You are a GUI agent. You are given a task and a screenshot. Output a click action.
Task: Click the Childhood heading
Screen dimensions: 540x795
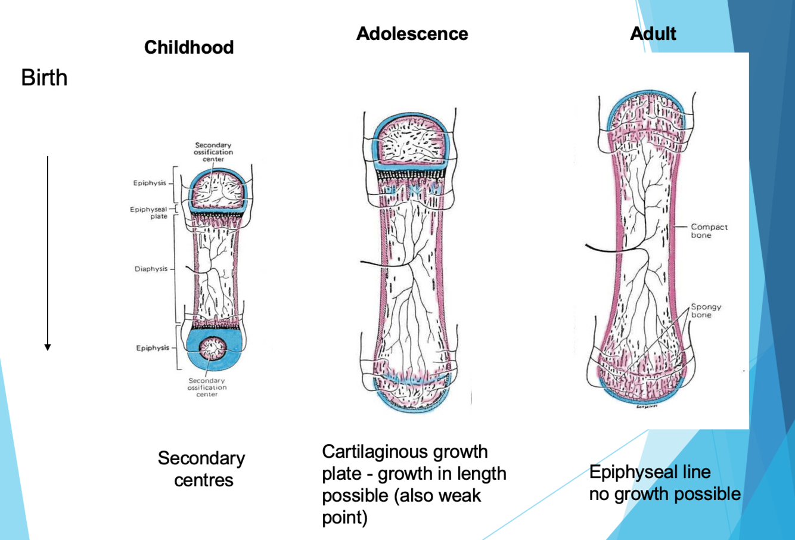[x=189, y=47]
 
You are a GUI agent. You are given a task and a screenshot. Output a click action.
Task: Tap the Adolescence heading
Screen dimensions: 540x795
[x=412, y=33]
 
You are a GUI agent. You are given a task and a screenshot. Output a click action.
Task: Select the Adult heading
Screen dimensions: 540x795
[x=653, y=33]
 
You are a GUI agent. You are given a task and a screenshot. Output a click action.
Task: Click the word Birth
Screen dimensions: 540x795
[x=44, y=78]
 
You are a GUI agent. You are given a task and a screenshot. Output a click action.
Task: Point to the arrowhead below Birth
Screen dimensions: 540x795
[x=48, y=347]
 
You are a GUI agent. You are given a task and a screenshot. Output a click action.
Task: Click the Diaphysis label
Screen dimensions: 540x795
[x=151, y=269]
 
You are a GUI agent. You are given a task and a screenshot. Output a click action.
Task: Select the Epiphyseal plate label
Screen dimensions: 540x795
[x=149, y=213]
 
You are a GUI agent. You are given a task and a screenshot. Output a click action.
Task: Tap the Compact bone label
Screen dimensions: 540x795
[x=709, y=231]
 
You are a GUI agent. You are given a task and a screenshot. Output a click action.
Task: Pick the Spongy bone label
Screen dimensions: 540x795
[x=706, y=311]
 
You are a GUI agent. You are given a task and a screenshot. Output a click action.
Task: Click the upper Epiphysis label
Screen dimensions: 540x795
[x=150, y=183]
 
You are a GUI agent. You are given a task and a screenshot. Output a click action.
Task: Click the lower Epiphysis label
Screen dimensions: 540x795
[x=153, y=347]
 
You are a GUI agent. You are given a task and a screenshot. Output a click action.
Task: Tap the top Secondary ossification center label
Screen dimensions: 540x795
[x=213, y=152]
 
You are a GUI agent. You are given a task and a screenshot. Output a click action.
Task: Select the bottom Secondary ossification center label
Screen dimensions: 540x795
[x=207, y=387]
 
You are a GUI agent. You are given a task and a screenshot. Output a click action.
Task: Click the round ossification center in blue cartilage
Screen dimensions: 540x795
[x=212, y=348]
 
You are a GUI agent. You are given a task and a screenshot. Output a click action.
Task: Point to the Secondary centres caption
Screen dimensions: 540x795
[x=202, y=469]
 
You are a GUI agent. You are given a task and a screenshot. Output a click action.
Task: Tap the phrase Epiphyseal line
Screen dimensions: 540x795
[x=650, y=472]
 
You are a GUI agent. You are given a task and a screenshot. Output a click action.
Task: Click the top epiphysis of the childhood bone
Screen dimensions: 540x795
[x=216, y=189]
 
